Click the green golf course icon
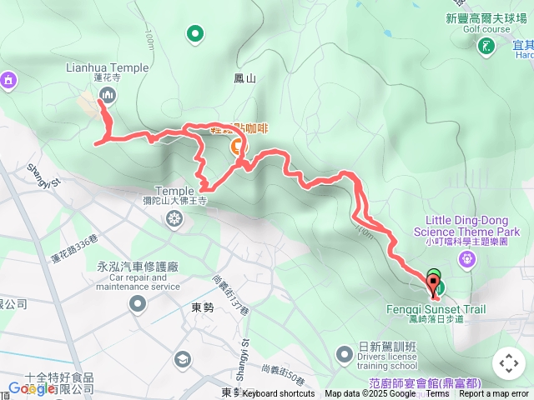click(485, 47)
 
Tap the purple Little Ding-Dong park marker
click(467, 259)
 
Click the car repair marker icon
click(137, 304)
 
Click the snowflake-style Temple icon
click(174, 219)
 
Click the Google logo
click(32, 388)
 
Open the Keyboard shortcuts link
click(279, 394)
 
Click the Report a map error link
click(495, 394)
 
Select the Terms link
click(438, 394)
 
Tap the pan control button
click(508, 362)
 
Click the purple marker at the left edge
click(8, 80)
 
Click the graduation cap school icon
click(181, 359)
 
